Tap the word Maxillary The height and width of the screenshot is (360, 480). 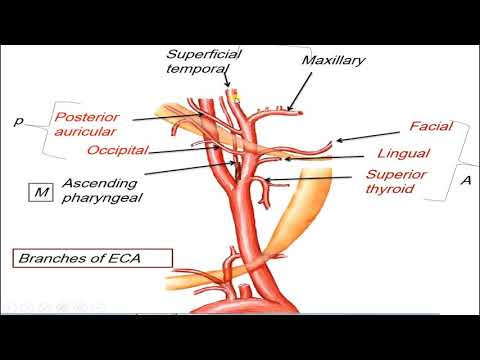point(334,61)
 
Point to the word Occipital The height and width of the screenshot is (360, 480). point(117,149)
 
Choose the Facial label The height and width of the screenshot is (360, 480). point(432,127)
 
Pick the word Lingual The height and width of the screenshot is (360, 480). point(404,154)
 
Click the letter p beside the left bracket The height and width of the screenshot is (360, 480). point(18,121)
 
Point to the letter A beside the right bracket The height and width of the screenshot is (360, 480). point(465,180)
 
